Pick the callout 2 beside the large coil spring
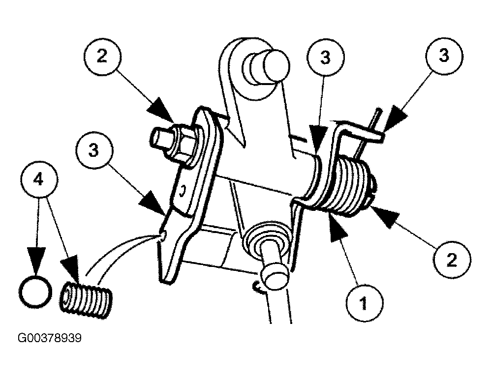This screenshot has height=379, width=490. pos(451,259)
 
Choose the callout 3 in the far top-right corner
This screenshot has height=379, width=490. pos(444,57)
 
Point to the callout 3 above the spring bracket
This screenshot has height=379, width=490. pos(325,57)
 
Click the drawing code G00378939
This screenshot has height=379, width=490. pos(49,339)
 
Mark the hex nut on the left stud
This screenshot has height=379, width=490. pos(183,143)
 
